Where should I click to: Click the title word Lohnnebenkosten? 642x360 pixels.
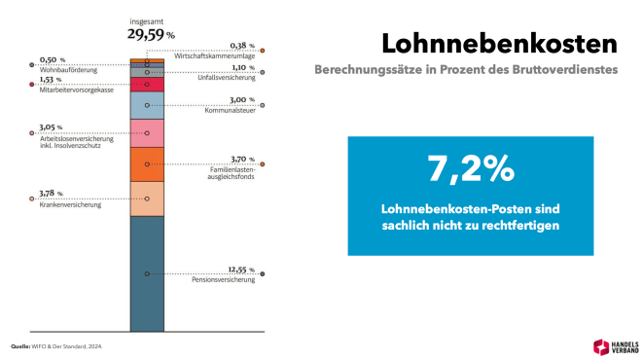(499, 44)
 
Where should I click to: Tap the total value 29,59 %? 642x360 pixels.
(150, 33)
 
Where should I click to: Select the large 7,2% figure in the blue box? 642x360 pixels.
(470, 168)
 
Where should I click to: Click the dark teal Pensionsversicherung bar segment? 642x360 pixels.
(146, 273)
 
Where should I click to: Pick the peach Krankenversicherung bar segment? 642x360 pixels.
(146, 198)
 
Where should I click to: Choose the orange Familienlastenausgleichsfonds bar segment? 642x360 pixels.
(146, 163)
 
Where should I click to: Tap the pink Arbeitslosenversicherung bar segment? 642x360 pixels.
(146, 133)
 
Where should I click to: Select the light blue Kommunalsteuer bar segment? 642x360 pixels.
(146, 105)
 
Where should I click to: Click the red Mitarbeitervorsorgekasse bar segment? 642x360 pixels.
(146, 85)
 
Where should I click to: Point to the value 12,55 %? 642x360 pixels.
(240, 270)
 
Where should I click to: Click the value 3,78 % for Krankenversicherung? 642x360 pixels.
(53, 194)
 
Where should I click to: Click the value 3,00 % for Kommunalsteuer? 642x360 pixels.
(242, 101)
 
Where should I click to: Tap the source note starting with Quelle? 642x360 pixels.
(56, 345)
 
